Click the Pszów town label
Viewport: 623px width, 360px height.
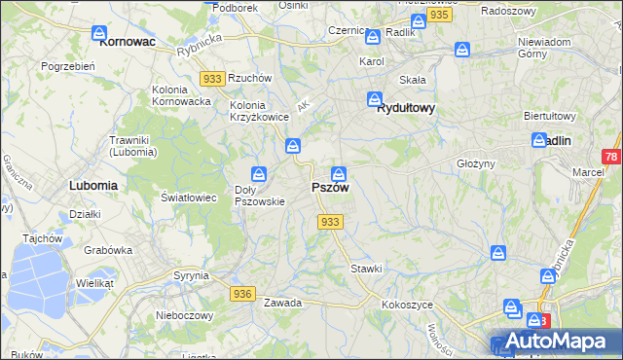[x=330, y=187]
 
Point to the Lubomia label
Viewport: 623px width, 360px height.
[x=93, y=184]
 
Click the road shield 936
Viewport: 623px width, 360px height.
[x=243, y=294]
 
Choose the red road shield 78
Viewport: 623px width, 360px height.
[x=611, y=157]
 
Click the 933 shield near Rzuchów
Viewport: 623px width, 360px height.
[x=210, y=78]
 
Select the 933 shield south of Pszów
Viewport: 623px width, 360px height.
[x=330, y=223]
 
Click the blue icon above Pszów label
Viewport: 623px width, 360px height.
[x=339, y=174]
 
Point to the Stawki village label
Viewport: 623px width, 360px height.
[x=366, y=268]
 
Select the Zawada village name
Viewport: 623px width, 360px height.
[x=282, y=303]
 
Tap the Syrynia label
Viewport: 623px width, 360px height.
[x=191, y=275]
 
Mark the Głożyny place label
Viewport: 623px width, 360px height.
[x=476, y=163]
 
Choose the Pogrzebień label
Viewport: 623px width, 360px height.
[x=67, y=66]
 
